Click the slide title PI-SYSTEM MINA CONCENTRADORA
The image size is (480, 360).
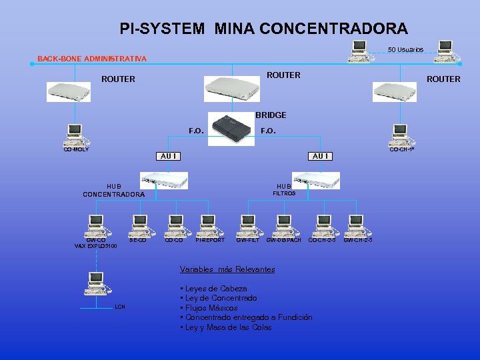coord(263,29)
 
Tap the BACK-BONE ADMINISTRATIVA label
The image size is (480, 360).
coord(92,59)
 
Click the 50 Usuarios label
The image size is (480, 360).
coord(405,50)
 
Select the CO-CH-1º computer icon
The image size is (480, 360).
coord(400,135)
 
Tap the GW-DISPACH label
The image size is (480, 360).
coord(283,240)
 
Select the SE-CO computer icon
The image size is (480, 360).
coord(139,225)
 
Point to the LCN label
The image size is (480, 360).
coord(119,307)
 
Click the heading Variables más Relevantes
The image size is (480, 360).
coord(227,269)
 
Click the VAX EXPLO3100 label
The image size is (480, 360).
coord(95,246)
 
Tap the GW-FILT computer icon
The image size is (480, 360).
coord(247,225)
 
